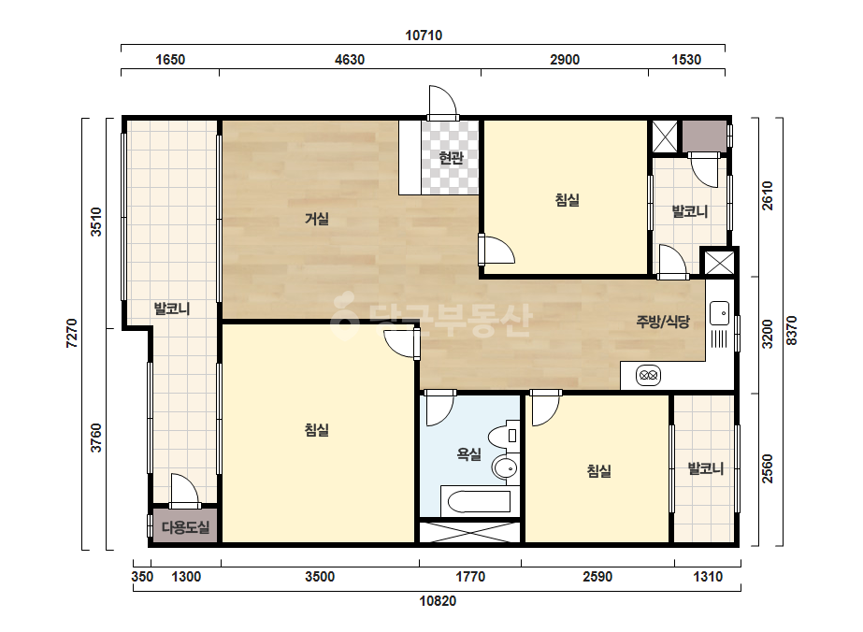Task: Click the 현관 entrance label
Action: click(451, 158)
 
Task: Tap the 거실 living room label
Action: click(317, 219)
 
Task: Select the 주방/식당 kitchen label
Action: click(663, 322)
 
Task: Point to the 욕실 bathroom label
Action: click(469, 454)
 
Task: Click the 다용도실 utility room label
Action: click(185, 527)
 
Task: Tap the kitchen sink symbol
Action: click(719, 313)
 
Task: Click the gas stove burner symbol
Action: click(648, 376)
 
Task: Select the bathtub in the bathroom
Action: click(476, 501)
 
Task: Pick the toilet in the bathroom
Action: click(505, 436)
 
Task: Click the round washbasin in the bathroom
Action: click(505, 468)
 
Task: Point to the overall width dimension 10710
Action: click(424, 36)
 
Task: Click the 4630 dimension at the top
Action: click(350, 60)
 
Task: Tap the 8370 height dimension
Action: click(791, 330)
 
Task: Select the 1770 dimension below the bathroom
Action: click(470, 577)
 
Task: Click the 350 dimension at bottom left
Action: click(142, 577)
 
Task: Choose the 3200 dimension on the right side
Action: click(768, 334)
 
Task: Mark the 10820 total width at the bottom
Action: click(439, 600)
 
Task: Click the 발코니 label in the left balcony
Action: click(172, 309)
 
